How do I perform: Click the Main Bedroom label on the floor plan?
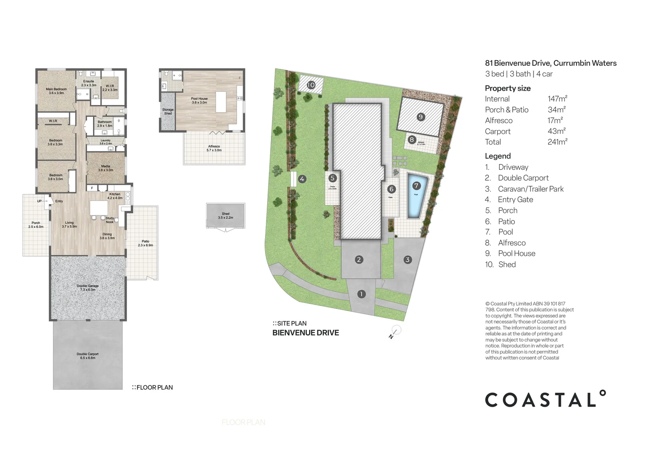point(56,91)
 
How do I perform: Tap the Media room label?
point(105,168)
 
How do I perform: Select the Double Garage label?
point(87,288)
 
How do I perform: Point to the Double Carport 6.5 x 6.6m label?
point(87,356)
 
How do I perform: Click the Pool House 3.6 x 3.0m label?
point(199,100)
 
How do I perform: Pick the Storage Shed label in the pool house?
point(168,111)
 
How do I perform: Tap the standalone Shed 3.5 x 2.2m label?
point(226,215)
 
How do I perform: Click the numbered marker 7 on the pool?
point(416,185)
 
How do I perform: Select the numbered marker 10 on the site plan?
point(311,85)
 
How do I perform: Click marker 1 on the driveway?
point(361,294)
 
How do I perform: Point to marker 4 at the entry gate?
point(302,179)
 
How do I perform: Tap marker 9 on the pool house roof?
point(420,116)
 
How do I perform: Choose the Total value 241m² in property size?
point(557,142)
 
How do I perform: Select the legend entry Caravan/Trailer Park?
point(530,189)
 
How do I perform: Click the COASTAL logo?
point(545,399)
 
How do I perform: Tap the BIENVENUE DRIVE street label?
point(305,333)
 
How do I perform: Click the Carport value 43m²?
point(556,131)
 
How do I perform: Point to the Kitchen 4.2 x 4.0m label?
point(115,196)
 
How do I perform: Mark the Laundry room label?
point(105,142)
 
